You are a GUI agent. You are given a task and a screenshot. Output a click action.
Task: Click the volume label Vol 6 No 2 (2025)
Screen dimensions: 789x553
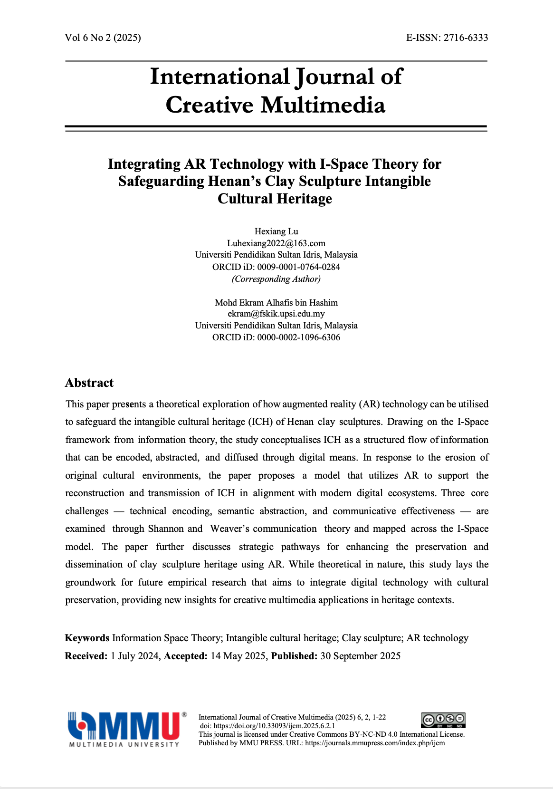tap(103, 38)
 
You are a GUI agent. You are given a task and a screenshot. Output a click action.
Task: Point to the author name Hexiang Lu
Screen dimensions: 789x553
tap(276, 231)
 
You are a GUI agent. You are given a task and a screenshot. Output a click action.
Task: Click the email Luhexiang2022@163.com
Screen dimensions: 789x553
tap(276, 243)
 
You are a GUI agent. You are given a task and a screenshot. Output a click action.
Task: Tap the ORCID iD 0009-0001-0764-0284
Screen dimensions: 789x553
tap(298, 267)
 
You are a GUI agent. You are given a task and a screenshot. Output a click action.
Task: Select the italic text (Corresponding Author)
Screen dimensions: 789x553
tap(276, 279)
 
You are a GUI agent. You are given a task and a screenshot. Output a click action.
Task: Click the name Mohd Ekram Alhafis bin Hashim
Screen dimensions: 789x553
tap(276, 303)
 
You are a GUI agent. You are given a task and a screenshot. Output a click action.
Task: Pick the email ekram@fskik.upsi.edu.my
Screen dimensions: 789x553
tap(276, 314)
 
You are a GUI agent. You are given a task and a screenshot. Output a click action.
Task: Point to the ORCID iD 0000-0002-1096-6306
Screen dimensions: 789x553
tap(298, 337)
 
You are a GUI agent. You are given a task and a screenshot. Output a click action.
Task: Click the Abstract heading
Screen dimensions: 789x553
tap(89, 383)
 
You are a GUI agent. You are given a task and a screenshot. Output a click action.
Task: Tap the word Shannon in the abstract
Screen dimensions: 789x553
tap(166, 529)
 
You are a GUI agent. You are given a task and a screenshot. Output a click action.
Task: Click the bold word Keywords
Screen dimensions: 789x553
tap(87, 638)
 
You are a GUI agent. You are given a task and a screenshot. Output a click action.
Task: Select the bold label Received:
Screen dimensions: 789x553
tap(86, 656)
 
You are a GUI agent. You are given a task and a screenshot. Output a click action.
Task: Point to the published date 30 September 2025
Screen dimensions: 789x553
tap(360, 656)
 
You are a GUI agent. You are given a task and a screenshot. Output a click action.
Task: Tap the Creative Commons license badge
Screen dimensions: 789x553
tap(443, 720)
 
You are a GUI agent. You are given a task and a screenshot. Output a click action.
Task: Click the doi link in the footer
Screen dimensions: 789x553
tap(274, 726)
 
